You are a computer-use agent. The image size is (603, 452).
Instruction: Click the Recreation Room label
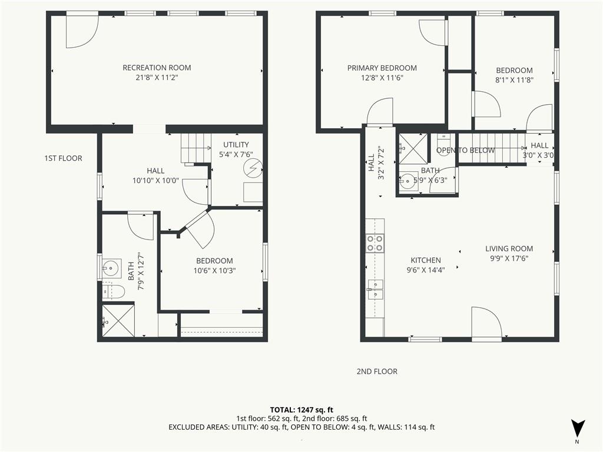coord(157,68)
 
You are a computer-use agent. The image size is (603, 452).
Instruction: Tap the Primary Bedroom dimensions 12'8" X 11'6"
coord(382,78)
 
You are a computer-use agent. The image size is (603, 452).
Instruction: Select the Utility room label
coord(236,145)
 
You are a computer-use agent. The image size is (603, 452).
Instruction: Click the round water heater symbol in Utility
coord(255,169)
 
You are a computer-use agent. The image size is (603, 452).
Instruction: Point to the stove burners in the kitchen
coord(375,243)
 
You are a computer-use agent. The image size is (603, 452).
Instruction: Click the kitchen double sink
coord(375,290)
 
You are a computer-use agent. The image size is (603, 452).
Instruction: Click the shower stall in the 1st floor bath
coord(118,321)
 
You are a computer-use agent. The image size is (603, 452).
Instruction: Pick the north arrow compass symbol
coord(577,428)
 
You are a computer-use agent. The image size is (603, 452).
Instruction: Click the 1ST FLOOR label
coord(63,158)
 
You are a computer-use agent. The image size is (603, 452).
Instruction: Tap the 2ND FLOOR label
coord(377,371)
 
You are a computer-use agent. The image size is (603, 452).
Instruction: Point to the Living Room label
coord(509,248)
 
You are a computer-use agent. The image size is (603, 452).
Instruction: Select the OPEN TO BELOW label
coord(465,150)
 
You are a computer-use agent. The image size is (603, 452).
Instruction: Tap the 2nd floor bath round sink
coord(407,181)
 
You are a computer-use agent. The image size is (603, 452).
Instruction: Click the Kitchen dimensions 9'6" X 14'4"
coord(426,270)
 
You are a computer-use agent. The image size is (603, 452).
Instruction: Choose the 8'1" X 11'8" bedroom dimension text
coord(514,80)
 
